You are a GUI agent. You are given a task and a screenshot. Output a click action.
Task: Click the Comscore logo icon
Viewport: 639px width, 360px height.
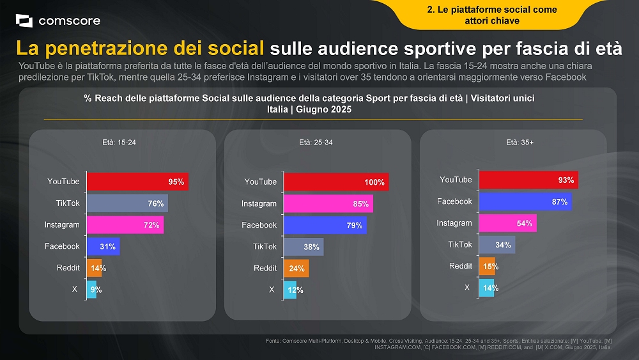(x=24, y=21)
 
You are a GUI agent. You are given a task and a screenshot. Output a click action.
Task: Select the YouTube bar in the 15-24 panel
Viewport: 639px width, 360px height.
(x=137, y=182)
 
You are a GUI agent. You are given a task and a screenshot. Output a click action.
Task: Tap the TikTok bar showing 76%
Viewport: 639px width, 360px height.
(x=127, y=203)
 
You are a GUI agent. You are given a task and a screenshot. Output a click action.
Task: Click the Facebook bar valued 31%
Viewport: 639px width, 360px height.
(x=103, y=246)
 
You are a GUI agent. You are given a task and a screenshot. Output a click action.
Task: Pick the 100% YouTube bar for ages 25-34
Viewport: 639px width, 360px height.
(x=335, y=182)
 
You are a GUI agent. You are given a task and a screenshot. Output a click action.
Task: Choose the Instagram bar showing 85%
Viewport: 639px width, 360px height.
(x=328, y=204)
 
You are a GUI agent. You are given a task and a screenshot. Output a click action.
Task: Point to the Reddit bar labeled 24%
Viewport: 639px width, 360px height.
(x=296, y=268)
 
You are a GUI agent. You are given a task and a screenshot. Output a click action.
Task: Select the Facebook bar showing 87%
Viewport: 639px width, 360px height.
(x=525, y=201)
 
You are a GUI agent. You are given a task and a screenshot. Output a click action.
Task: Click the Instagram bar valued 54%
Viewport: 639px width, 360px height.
(x=507, y=223)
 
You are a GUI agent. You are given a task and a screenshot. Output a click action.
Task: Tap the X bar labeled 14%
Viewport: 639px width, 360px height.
(x=488, y=288)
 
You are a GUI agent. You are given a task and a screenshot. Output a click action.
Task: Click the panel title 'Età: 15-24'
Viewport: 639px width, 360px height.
(x=119, y=143)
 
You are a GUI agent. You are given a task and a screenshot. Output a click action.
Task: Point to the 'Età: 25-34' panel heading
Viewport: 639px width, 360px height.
(x=316, y=143)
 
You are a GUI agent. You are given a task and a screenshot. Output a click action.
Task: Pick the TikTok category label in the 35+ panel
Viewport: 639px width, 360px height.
(x=459, y=244)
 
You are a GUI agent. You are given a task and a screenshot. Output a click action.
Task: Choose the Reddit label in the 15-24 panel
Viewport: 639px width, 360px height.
(x=68, y=268)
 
